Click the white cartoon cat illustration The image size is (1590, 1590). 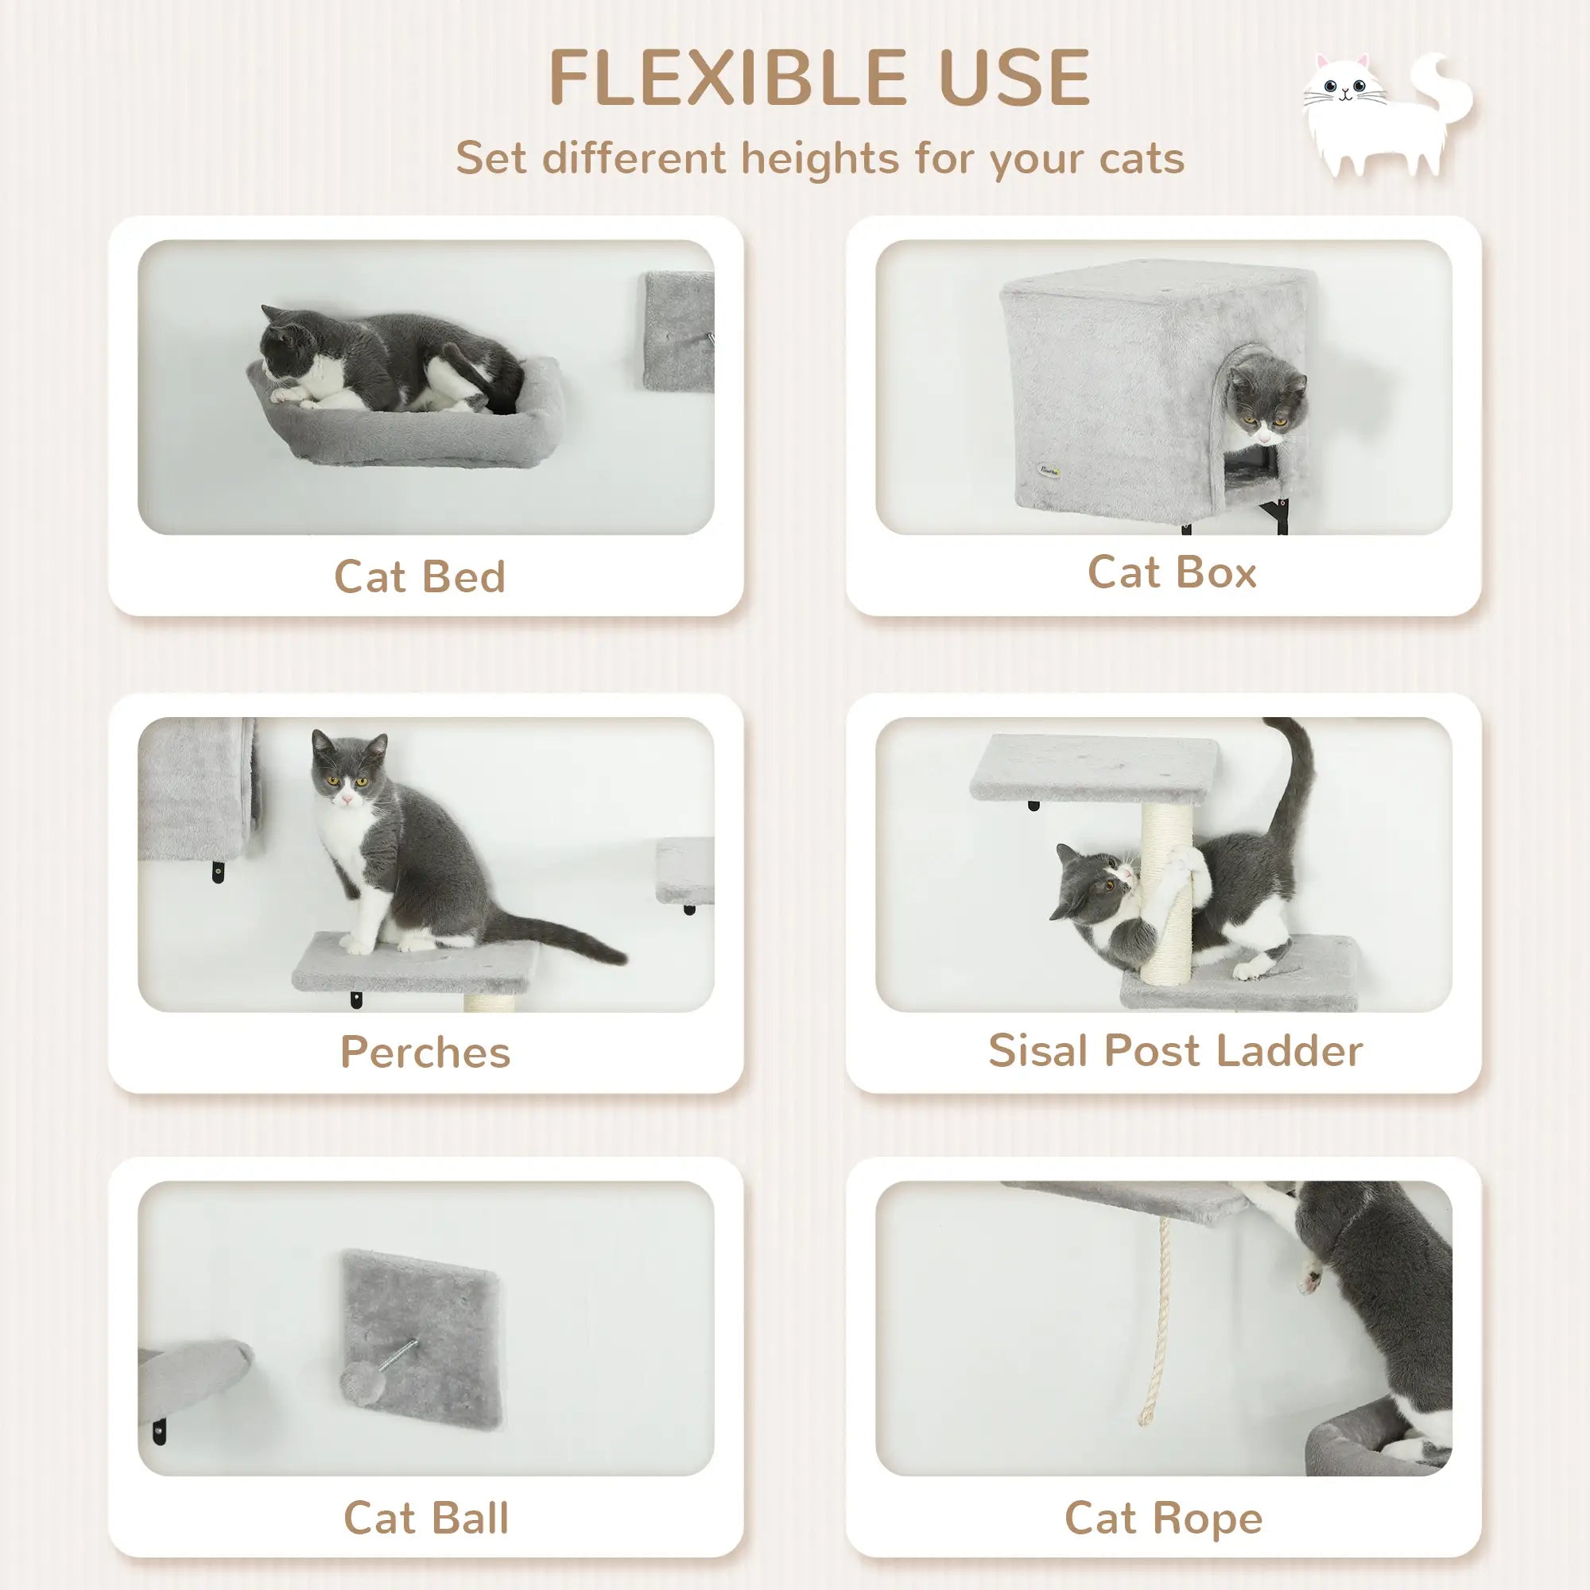(1383, 115)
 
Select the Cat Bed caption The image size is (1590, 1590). (420, 576)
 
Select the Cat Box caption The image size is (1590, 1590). (1172, 572)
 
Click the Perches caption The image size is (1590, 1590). (425, 1052)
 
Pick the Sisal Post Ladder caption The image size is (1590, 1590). (1175, 1051)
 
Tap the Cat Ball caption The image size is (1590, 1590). (425, 1518)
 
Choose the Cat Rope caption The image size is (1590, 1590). (1163, 1518)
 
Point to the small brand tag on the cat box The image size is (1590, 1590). (1049, 471)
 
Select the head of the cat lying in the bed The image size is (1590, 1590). (288, 350)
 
